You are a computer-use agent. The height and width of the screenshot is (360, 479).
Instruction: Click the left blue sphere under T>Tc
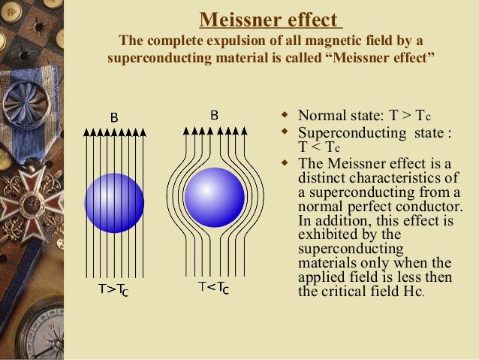point(114,203)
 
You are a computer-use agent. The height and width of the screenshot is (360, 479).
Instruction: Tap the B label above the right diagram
point(214,116)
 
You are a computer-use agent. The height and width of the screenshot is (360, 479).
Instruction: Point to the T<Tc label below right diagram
point(214,287)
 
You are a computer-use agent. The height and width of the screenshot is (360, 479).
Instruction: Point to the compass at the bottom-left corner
point(34,331)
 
